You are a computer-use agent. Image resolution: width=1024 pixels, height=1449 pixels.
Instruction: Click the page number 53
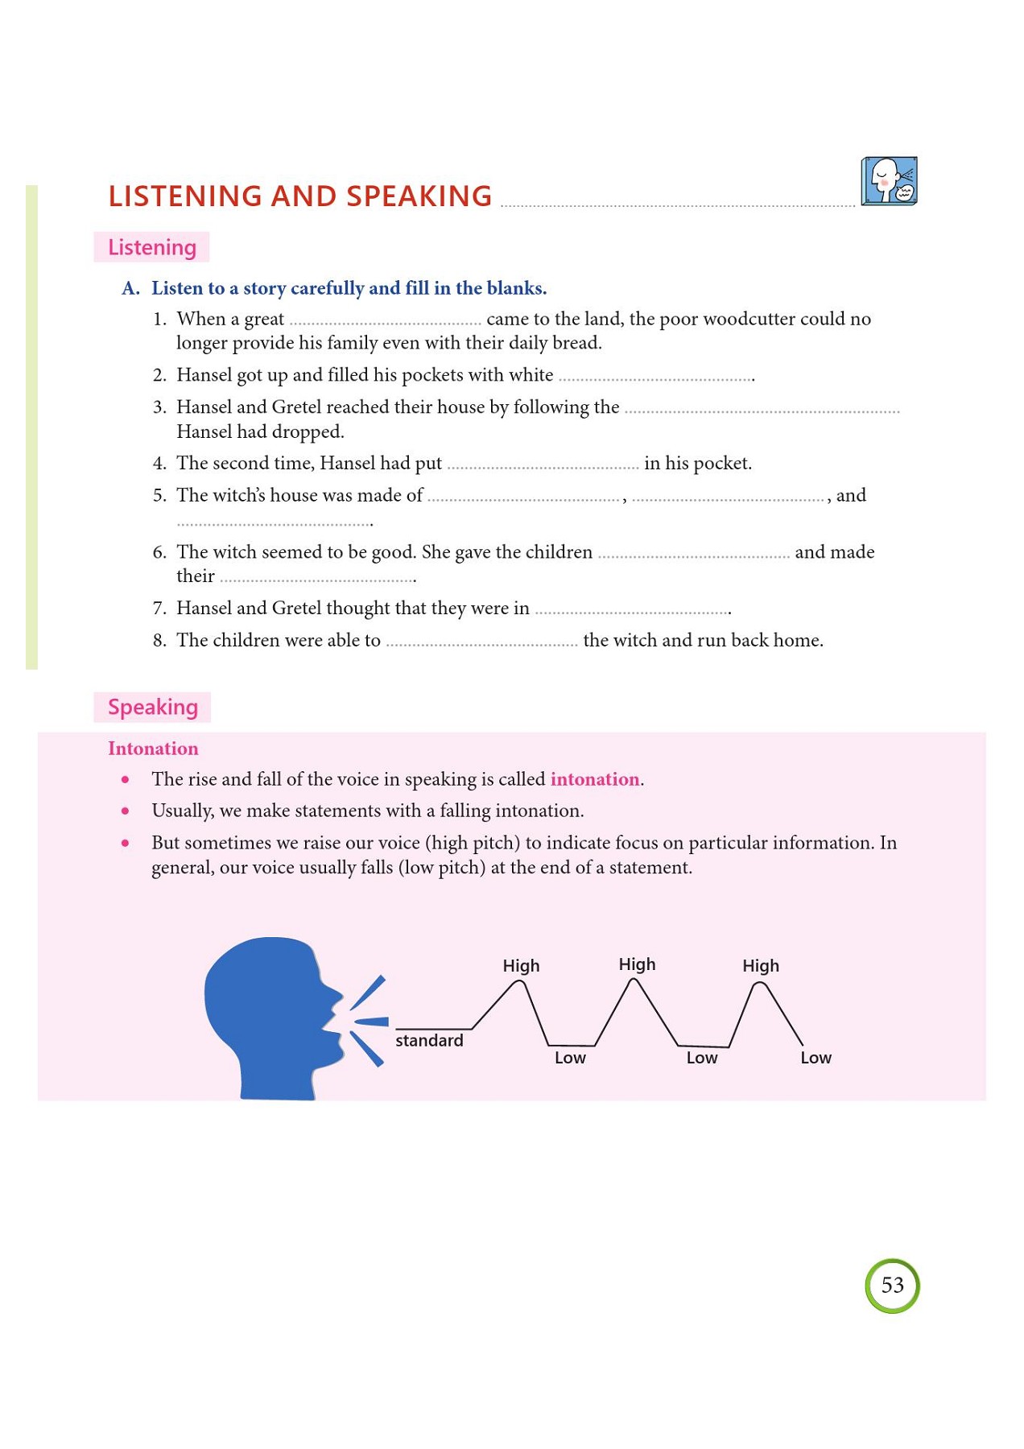[x=892, y=1285]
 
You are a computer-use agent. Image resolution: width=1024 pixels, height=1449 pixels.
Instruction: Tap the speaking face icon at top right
[x=889, y=181]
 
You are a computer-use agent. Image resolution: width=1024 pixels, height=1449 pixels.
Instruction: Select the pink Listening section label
[x=151, y=247]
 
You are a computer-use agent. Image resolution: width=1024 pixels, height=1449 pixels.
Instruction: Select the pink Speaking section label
[x=152, y=707]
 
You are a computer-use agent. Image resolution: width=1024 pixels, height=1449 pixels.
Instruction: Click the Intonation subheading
[x=153, y=749]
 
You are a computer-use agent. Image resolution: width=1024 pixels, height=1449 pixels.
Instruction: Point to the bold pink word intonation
[x=594, y=779]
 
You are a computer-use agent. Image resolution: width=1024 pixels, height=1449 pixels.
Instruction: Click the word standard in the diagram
[x=429, y=1040]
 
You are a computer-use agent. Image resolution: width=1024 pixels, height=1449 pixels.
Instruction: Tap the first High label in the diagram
[x=521, y=965]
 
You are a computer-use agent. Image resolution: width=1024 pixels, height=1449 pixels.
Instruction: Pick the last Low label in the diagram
[x=815, y=1058]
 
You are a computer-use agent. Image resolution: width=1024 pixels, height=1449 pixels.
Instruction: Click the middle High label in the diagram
[x=637, y=964]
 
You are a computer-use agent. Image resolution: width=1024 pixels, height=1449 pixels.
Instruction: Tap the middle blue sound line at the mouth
[x=371, y=1022]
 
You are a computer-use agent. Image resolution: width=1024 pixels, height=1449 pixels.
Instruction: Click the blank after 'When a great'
[x=385, y=320]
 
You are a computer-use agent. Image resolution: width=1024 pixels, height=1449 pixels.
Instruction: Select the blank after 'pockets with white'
[x=655, y=377]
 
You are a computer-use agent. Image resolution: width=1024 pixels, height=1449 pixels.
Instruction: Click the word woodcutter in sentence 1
[x=748, y=319]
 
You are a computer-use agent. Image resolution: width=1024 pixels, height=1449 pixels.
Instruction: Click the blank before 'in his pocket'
[x=543, y=464]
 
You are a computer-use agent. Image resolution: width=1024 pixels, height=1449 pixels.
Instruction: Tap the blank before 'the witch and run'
[x=481, y=642]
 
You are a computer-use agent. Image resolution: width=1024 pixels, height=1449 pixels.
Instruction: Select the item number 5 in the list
[x=159, y=496]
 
